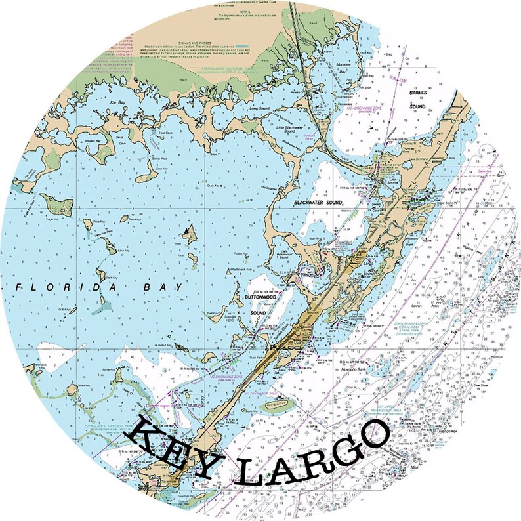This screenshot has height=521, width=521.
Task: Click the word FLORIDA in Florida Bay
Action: [x=62, y=288]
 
